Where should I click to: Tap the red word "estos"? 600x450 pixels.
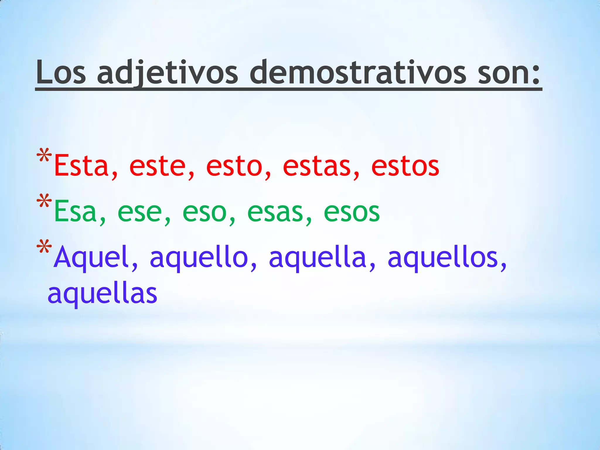(405, 166)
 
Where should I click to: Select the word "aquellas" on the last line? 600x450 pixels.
(103, 294)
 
